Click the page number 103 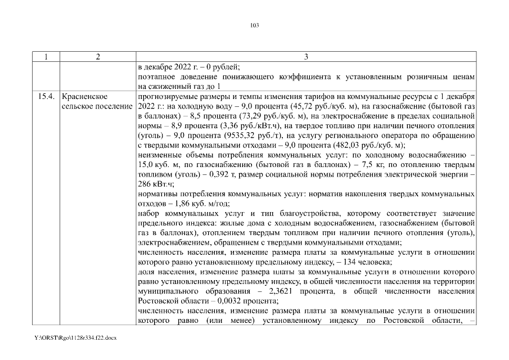click(x=254, y=25)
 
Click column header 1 click(x=47, y=57)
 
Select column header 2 click(x=97, y=57)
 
